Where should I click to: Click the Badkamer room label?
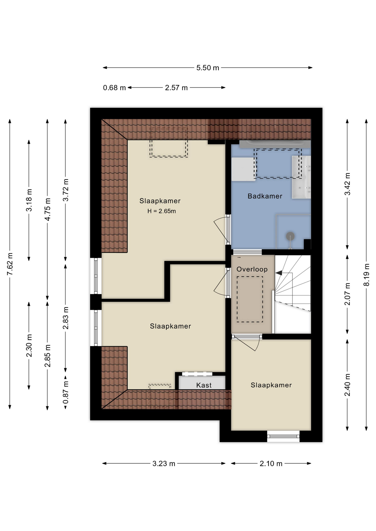[265, 196]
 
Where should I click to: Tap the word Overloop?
[252, 269]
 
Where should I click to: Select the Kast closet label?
[204, 385]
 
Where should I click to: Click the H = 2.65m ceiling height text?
[161, 211]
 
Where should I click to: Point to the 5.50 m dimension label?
[208, 68]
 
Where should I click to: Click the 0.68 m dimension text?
[114, 88]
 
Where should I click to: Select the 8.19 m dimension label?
[366, 275]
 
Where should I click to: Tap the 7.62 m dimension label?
[10, 264]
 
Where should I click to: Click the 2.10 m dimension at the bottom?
[271, 464]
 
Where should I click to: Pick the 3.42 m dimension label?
[347, 184]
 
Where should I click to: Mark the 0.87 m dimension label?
[66, 392]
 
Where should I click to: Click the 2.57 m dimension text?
[176, 88]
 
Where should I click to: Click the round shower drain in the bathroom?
[290, 236]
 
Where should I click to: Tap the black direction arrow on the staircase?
[279, 273]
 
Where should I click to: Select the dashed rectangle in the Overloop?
[250, 299]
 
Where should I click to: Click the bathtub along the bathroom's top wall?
[275, 144]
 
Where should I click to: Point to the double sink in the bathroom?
[302, 177]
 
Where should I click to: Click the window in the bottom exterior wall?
[283, 436]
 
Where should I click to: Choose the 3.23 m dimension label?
[164, 464]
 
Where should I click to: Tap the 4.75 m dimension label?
[48, 209]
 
